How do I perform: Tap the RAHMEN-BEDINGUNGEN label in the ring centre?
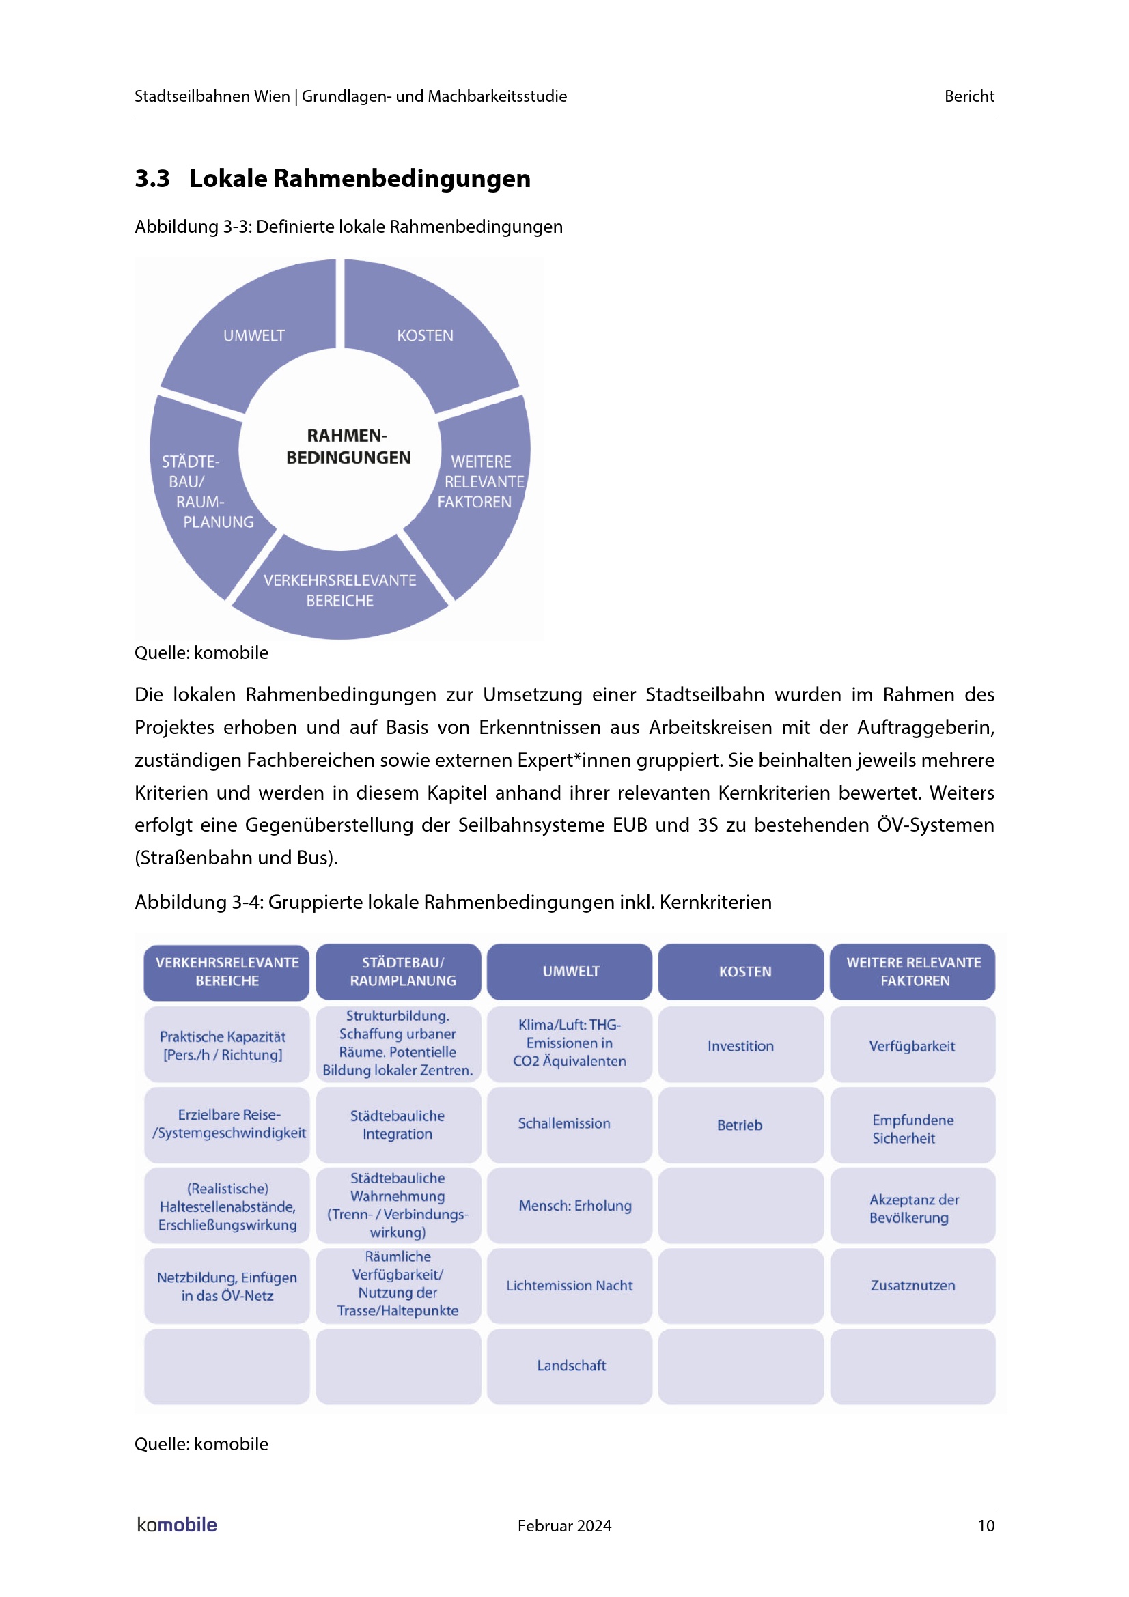pyautogui.click(x=348, y=447)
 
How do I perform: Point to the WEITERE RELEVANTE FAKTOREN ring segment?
pyautogui.click(x=481, y=481)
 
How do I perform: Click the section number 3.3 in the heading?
pyautogui.click(x=152, y=179)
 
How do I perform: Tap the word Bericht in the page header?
pyautogui.click(x=969, y=96)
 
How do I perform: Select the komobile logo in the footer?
pyautogui.click(x=177, y=1525)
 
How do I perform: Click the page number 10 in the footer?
pyautogui.click(x=986, y=1525)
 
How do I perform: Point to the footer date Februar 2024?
pyautogui.click(x=564, y=1525)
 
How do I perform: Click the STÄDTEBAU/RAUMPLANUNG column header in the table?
pyautogui.click(x=399, y=972)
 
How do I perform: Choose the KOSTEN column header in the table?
pyautogui.click(x=741, y=972)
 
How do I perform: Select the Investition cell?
pyautogui.click(x=741, y=1045)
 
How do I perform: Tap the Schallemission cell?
pyautogui.click(x=564, y=1123)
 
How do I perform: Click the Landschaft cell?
pyautogui.click(x=570, y=1366)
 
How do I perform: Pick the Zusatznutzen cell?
pyautogui.click(x=912, y=1286)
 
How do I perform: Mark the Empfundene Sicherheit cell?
pyautogui.click(x=912, y=1129)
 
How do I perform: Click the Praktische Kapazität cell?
pyautogui.click(x=223, y=1045)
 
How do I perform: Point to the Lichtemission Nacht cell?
pyautogui.click(x=569, y=1286)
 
